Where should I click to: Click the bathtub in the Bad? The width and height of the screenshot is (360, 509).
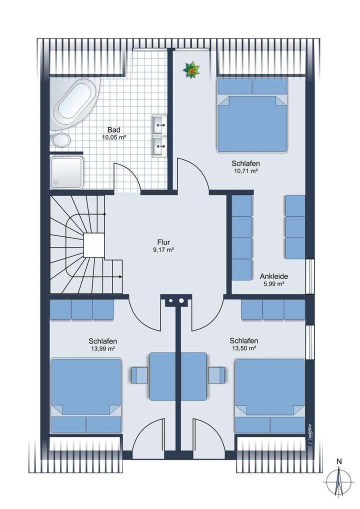[x=75, y=102]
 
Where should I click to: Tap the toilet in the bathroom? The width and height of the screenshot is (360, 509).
[x=60, y=140]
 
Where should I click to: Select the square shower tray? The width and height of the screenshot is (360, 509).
[x=66, y=172]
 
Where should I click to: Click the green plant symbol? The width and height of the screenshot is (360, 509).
[x=191, y=70]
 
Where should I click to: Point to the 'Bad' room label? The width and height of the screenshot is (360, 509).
[x=113, y=130]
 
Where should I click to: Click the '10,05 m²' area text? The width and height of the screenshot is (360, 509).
[x=114, y=137]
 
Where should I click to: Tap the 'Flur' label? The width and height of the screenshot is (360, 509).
[x=163, y=242]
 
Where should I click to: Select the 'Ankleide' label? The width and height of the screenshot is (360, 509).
[x=274, y=276]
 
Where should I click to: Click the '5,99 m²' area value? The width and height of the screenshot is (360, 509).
[x=274, y=284]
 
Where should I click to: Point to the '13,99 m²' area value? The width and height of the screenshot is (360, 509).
[x=103, y=348]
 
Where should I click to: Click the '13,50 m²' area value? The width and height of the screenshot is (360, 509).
[x=244, y=348]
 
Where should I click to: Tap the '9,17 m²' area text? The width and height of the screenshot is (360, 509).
[x=163, y=249]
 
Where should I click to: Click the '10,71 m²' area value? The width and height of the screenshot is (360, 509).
[x=245, y=171]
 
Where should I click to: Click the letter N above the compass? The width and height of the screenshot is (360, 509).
[x=339, y=461]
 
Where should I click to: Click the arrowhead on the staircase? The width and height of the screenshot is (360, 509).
[x=120, y=277]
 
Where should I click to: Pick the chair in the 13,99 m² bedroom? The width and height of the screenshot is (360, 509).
[x=139, y=375]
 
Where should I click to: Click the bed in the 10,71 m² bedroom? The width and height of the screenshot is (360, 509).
[x=252, y=115]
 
